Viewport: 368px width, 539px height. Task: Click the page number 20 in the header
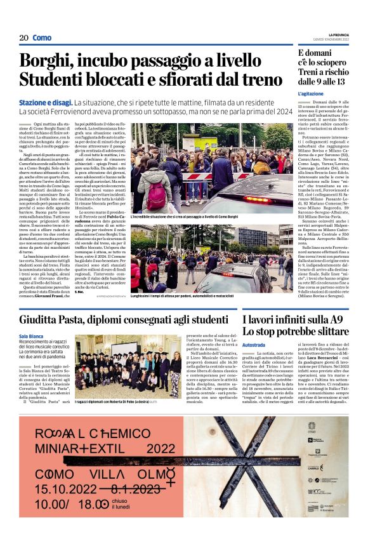(23, 37)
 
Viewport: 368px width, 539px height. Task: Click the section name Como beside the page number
(42, 37)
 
